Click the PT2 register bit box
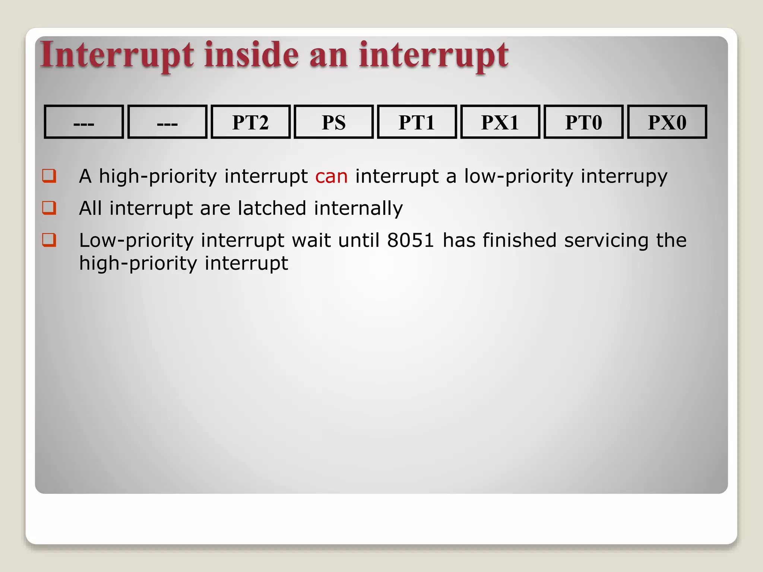coord(250,122)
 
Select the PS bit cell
coord(333,122)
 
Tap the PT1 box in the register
coord(417,122)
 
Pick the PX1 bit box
coord(500,122)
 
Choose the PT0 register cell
coord(583,122)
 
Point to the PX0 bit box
coord(667,122)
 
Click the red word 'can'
coord(331,176)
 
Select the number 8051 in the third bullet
coord(410,240)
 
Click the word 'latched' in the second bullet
coord(272,208)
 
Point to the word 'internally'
coord(358,209)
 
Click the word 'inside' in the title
coord(251,55)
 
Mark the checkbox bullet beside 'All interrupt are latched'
coord(49,207)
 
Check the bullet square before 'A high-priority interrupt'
coord(49,175)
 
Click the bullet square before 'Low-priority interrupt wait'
coord(49,239)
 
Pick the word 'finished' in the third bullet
coord(519,240)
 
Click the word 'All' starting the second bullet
coord(90,208)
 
